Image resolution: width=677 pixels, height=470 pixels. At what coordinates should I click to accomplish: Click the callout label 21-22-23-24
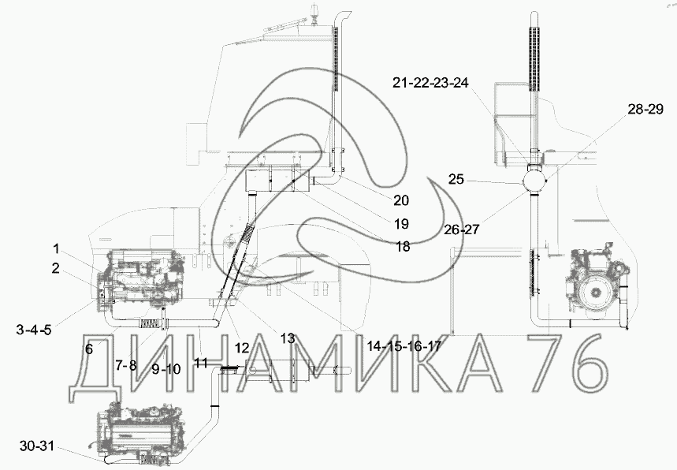coord(430,83)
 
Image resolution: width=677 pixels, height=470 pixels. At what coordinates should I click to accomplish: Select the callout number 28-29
coord(645,110)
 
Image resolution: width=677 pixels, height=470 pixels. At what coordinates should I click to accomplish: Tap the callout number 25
coord(456,179)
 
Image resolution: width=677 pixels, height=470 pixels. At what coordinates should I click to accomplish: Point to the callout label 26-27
coord(462,229)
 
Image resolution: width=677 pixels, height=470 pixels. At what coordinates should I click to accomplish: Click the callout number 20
coord(401,200)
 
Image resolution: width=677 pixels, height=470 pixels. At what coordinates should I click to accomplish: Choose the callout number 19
coord(401,224)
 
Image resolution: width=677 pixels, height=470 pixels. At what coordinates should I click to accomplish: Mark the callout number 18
coord(403,247)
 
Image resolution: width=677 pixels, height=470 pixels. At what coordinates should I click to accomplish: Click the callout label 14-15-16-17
coord(404,345)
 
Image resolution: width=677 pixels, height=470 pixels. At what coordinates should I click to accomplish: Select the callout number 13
coord(287,338)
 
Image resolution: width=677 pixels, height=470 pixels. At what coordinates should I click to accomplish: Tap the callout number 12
coord(242,348)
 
